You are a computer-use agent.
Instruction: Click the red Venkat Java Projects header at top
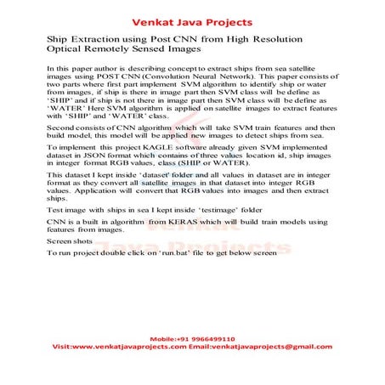click(x=192, y=15)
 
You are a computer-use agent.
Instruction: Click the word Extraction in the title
click(x=94, y=40)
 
